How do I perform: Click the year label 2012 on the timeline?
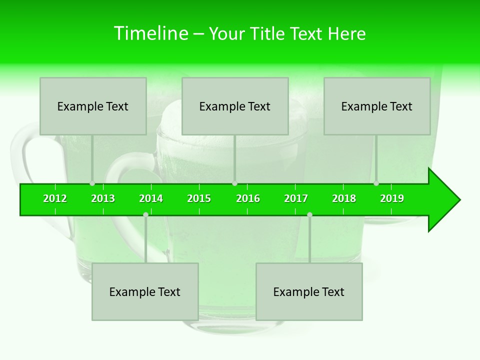(x=55, y=198)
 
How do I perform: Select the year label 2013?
(x=103, y=198)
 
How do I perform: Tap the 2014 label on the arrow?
(x=151, y=198)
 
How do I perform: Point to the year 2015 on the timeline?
(x=199, y=198)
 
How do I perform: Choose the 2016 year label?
(x=248, y=198)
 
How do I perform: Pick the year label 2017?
(x=296, y=198)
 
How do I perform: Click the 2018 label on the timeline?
(x=344, y=198)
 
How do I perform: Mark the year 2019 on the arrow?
(x=392, y=198)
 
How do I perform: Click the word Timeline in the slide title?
(x=150, y=33)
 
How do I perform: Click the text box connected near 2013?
(x=93, y=106)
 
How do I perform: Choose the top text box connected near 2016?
(x=235, y=106)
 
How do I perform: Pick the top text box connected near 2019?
(x=377, y=106)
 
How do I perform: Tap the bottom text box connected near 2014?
(x=145, y=291)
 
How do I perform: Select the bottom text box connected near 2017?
(x=309, y=291)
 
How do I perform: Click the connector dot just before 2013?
(x=92, y=183)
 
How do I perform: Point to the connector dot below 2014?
(x=145, y=214)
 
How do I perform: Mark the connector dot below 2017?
(x=309, y=214)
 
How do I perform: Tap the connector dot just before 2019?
(x=376, y=183)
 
